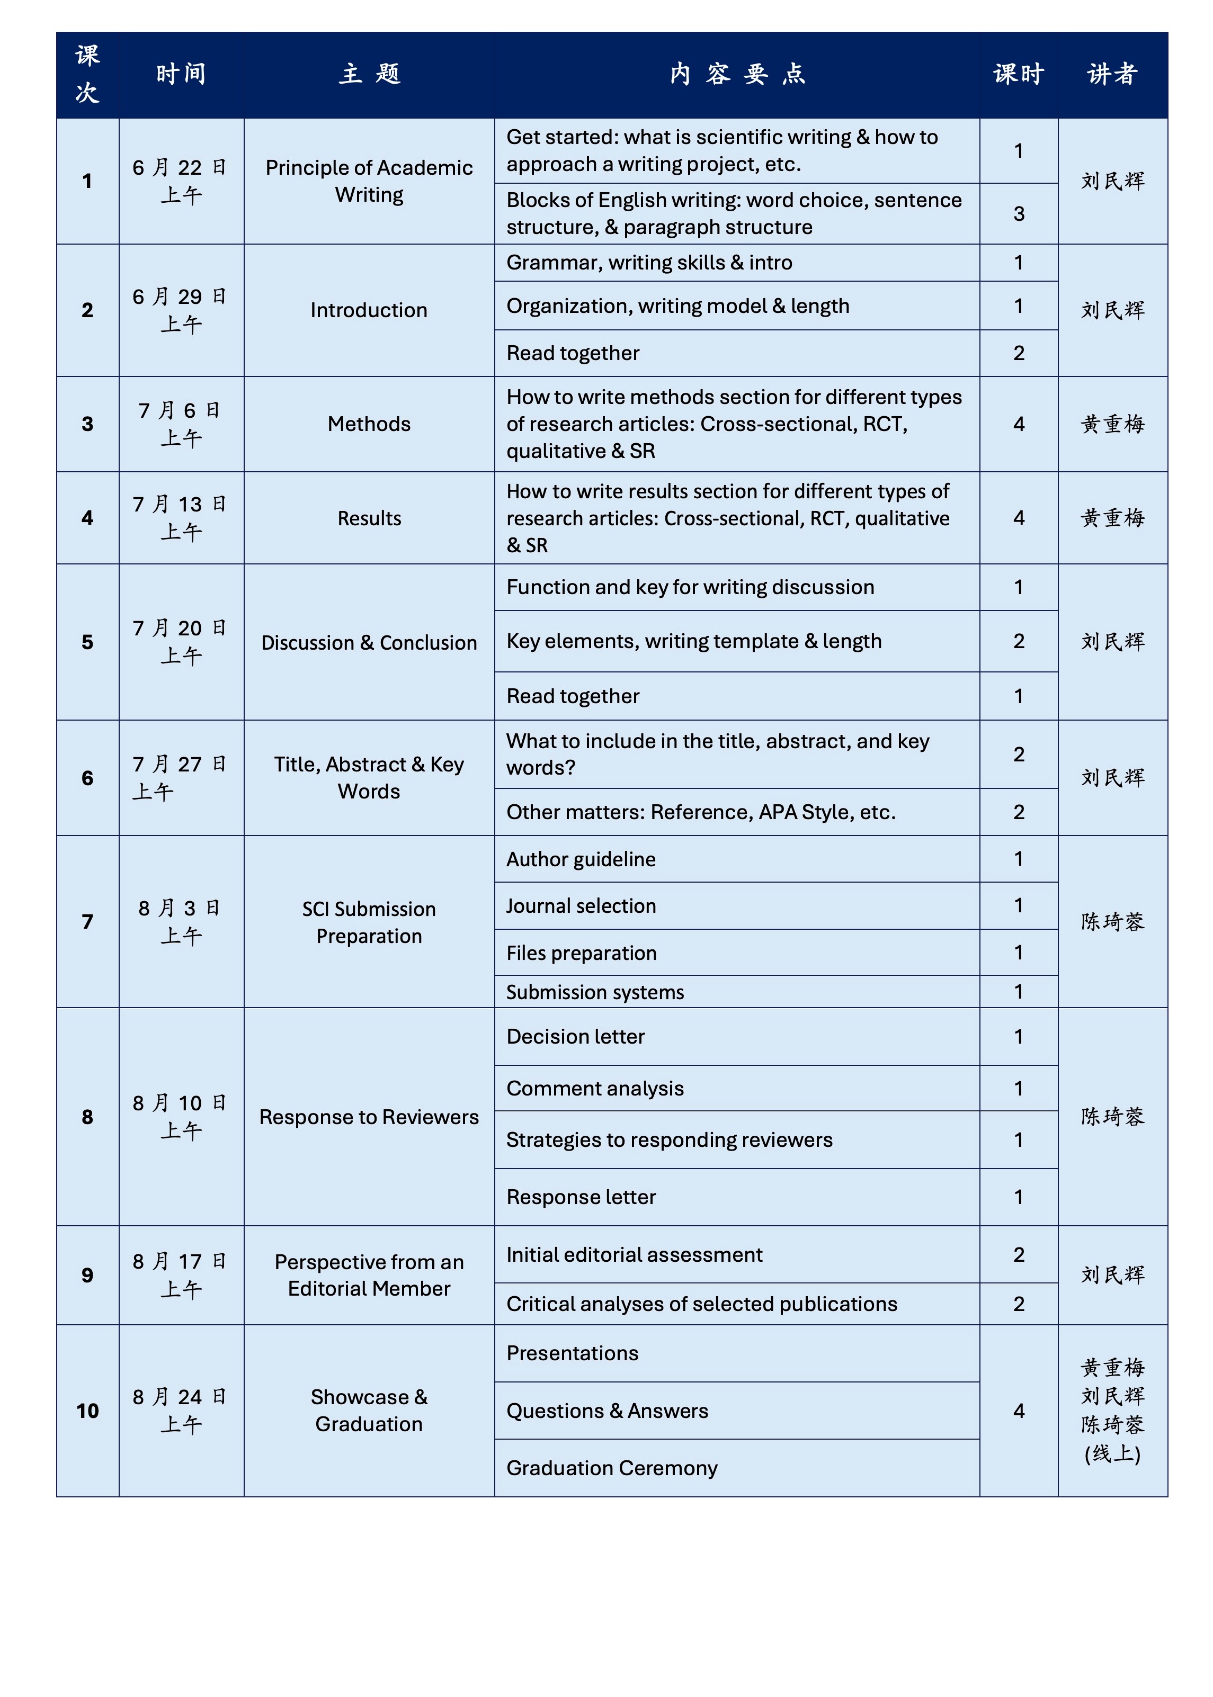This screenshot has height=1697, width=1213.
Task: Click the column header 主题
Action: (x=369, y=75)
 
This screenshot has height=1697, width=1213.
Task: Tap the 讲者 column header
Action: (x=1112, y=75)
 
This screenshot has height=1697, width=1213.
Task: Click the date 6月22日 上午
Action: (x=181, y=181)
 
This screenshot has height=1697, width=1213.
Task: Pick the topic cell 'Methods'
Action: (x=369, y=424)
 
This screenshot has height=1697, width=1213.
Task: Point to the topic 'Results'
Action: (x=369, y=518)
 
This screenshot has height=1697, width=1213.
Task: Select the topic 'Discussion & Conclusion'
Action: (x=369, y=643)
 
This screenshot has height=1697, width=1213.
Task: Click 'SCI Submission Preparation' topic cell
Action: (x=369, y=922)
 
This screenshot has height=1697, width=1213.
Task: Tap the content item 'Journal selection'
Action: (x=581, y=905)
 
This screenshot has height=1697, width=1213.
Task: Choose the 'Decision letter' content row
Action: (x=575, y=1036)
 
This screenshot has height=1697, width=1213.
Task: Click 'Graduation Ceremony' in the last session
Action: (x=612, y=1468)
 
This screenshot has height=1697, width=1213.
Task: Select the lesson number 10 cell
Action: (x=87, y=1411)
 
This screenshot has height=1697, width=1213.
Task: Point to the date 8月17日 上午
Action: (x=181, y=1274)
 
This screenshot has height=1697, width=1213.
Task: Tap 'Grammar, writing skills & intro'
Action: (x=649, y=263)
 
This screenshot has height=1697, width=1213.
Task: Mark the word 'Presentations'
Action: (x=572, y=1353)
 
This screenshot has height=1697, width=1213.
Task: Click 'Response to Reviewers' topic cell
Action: (x=369, y=1117)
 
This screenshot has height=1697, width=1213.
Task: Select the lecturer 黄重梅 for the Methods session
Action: (x=1112, y=424)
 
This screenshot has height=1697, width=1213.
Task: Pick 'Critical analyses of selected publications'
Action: (x=701, y=1304)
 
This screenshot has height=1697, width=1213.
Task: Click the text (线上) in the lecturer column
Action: (x=1112, y=1453)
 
